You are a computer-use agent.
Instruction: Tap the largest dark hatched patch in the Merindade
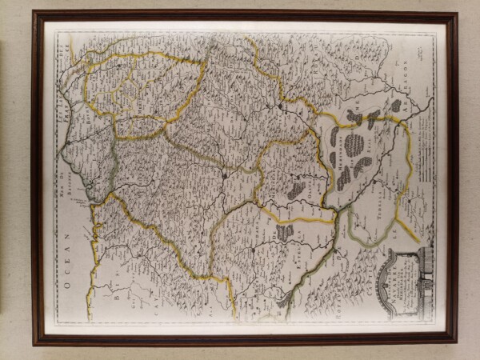(354, 145)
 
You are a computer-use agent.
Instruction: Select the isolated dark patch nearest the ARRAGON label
(395, 106)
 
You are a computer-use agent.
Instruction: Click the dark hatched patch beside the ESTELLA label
(285, 232)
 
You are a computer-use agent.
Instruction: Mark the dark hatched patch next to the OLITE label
(297, 190)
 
